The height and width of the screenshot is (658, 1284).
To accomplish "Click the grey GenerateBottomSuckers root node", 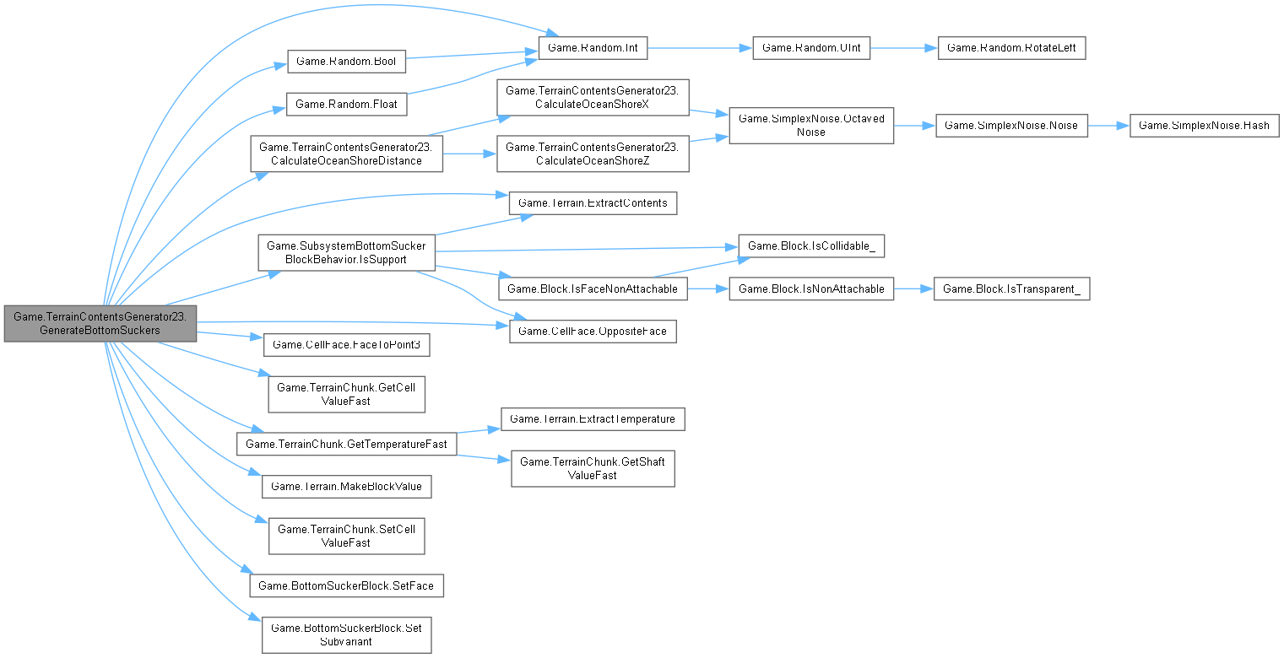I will (100, 324).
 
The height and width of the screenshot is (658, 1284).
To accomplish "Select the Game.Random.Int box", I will (593, 49).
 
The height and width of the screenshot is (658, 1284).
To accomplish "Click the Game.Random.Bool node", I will (347, 62).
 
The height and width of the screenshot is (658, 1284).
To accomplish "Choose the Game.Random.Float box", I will (347, 104).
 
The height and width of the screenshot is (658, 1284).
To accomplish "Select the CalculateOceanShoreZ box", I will (593, 154).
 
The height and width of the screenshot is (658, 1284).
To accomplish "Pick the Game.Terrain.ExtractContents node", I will (593, 202).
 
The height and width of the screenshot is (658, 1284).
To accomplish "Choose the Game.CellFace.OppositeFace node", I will (593, 331).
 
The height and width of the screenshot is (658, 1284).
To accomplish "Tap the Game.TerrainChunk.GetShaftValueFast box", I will (593, 468).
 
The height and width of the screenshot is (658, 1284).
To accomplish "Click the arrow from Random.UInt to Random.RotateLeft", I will (903, 49).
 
